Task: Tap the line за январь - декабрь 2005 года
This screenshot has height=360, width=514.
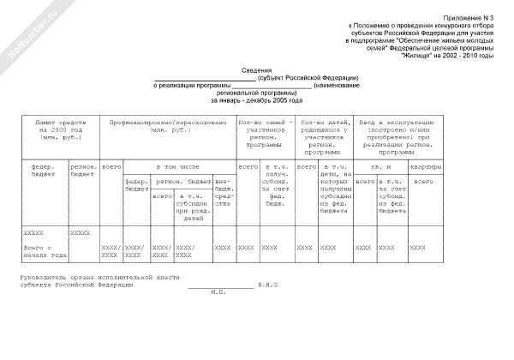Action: pos(257,100)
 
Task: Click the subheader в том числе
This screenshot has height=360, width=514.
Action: pos(176,165)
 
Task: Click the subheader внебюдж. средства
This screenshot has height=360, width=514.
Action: pos(223,195)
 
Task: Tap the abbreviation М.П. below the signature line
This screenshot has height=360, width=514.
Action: pos(216,291)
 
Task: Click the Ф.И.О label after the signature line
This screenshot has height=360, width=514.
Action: pos(268,284)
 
